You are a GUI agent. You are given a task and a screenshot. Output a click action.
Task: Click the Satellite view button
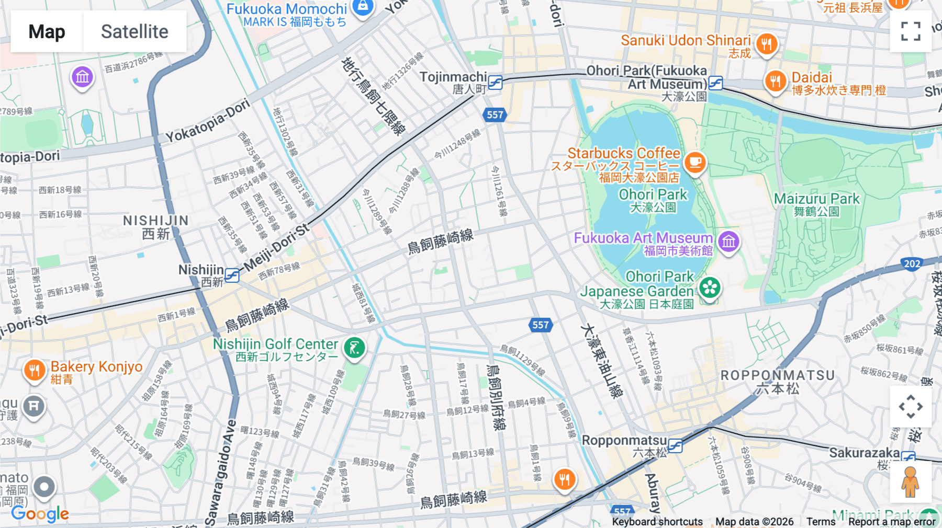(134, 31)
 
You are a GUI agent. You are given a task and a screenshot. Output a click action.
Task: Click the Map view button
(47, 31)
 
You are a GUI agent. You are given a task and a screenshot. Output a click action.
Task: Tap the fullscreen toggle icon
(911, 31)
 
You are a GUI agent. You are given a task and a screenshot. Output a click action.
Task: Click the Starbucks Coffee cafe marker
(695, 163)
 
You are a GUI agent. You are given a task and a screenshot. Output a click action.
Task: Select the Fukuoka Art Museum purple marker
(728, 242)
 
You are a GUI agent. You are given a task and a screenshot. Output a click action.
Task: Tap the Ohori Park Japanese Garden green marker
(710, 288)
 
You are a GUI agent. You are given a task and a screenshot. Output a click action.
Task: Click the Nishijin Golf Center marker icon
(354, 347)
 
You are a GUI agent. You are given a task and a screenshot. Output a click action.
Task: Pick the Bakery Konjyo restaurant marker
(34, 371)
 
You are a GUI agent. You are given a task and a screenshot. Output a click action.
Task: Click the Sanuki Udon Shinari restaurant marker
(767, 44)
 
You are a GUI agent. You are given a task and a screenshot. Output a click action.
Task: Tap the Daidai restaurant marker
(776, 82)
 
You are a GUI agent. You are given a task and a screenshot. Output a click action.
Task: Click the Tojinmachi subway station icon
(495, 83)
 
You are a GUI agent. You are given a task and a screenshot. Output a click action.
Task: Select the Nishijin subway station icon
(232, 276)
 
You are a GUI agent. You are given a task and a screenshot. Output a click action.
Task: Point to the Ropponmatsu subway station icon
(675, 445)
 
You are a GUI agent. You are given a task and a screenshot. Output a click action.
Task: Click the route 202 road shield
(912, 264)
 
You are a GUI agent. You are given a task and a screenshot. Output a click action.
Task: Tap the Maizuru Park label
(816, 199)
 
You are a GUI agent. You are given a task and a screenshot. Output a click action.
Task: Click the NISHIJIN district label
(155, 221)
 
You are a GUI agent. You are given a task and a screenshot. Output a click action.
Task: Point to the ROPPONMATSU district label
(777, 375)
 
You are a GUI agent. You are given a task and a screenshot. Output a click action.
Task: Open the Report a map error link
(892, 522)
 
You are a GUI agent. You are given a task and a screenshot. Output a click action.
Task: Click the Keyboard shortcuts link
(657, 522)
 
